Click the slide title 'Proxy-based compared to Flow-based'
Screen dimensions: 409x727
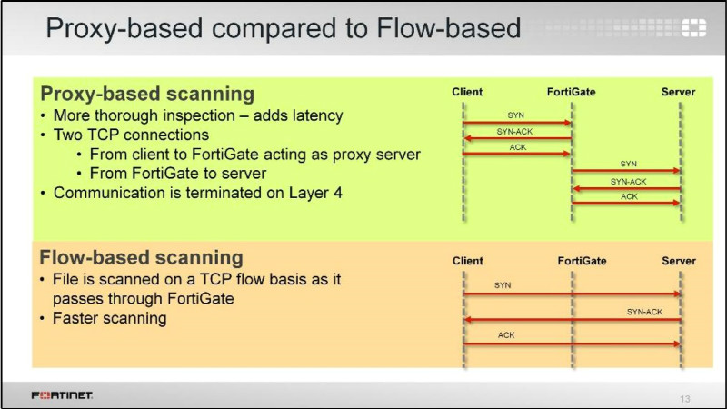[x=283, y=28]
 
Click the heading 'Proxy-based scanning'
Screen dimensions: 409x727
[x=146, y=94]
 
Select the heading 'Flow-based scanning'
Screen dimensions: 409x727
[x=141, y=257]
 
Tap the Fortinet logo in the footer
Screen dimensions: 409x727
[x=63, y=396]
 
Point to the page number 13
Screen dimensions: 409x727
[x=685, y=398]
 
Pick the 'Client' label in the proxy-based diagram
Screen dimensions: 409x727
[x=467, y=92]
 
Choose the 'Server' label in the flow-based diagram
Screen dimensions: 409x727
[x=678, y=261]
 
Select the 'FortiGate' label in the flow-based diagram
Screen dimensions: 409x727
[x=582, y=261]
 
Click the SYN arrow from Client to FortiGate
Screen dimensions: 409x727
[x=517, y=122]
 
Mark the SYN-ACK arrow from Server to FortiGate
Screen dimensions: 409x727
[x=627, y=188]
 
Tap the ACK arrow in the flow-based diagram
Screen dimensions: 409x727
[x=573, y=344]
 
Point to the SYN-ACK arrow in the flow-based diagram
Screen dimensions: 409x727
[x=573, y=320]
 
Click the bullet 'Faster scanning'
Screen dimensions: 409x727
[x=110, y=318]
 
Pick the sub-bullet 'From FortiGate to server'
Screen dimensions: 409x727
[x=177, y=174]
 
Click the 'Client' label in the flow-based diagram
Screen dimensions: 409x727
[x=467, y=261]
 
